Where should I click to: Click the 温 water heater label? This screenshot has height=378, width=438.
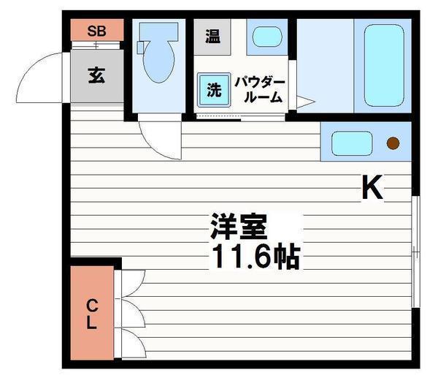[x=212, y=36]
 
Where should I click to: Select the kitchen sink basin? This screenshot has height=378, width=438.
[x=353, y=143]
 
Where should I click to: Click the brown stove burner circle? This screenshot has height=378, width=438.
[x=393, y=143]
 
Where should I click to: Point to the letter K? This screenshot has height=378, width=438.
[x=372, y=189]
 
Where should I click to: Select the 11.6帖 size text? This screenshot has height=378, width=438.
[x=255, y=257]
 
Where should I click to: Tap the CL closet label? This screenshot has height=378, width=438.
[x=92, y=313]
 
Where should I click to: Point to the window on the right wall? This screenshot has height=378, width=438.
[x=414, y=252]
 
